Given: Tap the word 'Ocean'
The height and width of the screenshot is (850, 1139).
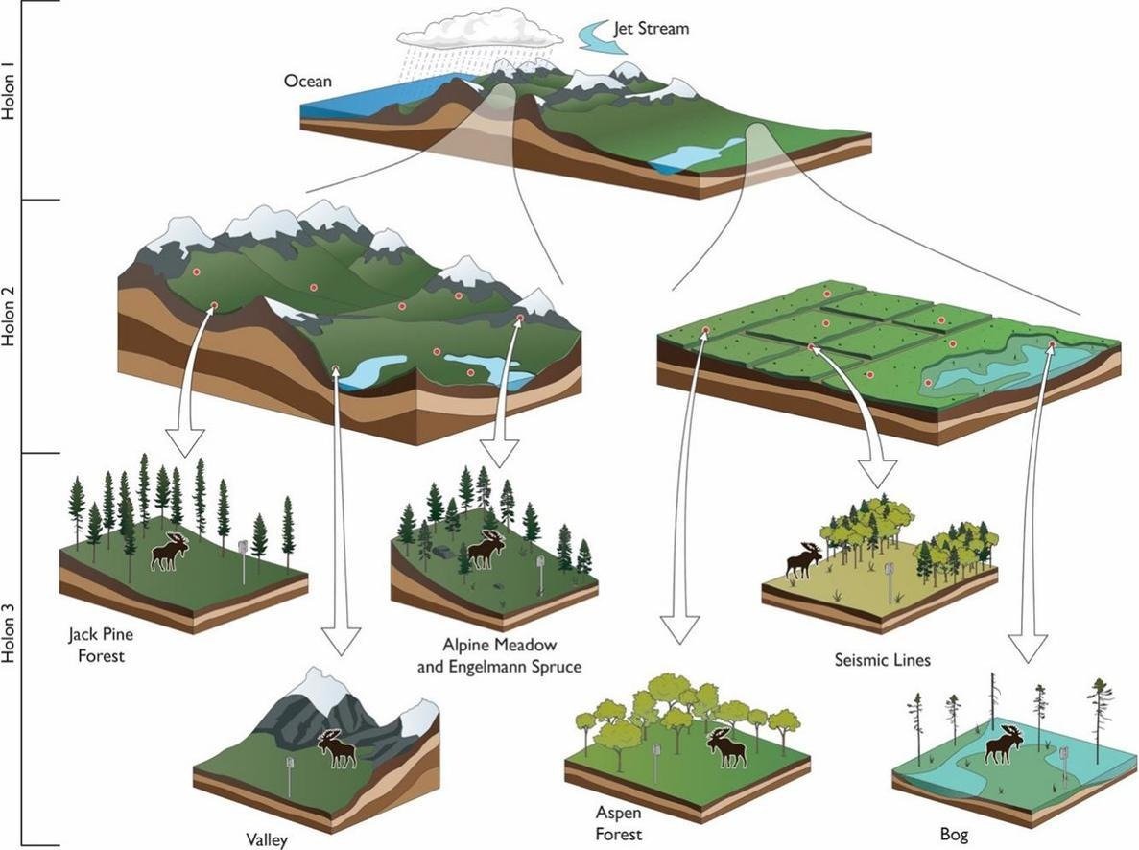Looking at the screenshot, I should point(308,82).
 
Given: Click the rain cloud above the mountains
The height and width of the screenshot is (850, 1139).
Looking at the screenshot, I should point(480,29).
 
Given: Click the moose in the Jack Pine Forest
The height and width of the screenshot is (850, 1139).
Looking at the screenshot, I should point(170,552).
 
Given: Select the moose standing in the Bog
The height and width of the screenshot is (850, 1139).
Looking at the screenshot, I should point(1004,744).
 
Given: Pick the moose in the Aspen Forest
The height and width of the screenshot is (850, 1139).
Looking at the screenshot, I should point(726,747).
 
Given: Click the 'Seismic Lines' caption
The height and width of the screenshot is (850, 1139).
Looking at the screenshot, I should point(877,660).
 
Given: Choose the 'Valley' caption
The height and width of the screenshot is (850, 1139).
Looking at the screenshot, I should point(266,839).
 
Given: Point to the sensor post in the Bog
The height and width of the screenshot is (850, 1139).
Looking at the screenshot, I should point(1063,763).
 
